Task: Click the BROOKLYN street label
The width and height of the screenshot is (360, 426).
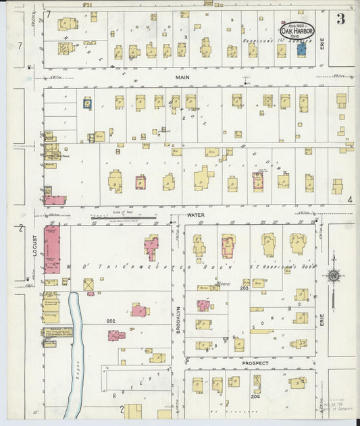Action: point(178,317)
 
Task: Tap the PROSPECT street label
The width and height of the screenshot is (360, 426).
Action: point(255,363)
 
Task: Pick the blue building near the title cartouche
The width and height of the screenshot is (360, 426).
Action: point(301,49)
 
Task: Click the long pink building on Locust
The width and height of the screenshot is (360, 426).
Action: point(52,248)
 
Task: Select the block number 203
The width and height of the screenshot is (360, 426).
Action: point(244,288)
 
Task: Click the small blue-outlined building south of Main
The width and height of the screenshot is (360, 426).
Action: point(86,103)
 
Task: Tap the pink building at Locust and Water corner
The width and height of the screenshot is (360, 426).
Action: point(55,201)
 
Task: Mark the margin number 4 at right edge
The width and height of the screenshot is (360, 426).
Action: point(350,200)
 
